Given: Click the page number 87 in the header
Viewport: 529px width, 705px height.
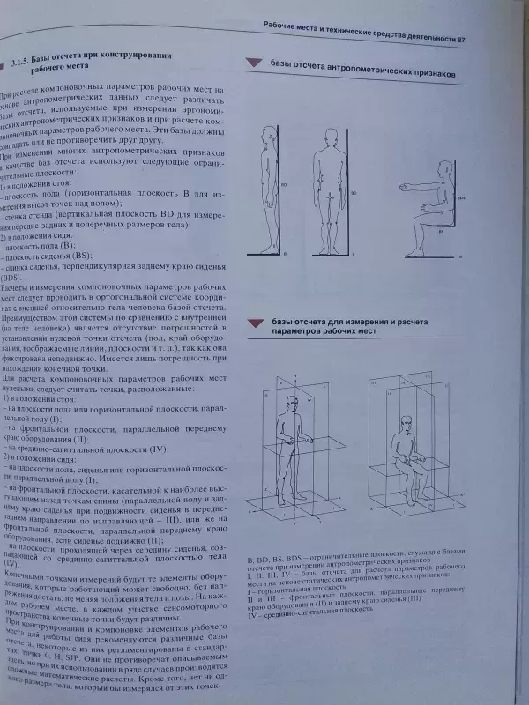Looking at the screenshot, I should click(472, 39).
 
